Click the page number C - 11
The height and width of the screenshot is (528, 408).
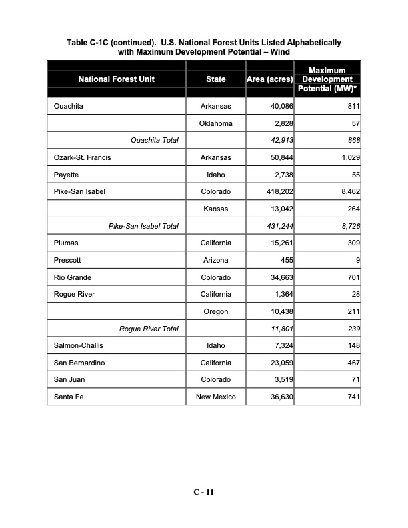point(203,492)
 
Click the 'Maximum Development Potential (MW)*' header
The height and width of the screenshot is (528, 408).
point(327,79)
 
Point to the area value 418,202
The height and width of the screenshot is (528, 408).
point(279,192)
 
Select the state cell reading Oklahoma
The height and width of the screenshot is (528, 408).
point(215,123)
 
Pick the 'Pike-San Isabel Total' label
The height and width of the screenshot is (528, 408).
point(143,226)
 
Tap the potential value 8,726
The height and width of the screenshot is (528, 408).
point(347,226)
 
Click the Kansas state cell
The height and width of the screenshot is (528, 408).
point(215,209)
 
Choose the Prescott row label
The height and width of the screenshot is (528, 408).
point(67,260)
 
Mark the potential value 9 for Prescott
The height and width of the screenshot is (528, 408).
point(357,260)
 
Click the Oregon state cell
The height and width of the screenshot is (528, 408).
point(215,311)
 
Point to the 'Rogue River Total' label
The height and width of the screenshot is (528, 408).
point(148,329)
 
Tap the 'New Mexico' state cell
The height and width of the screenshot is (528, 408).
point(215,397)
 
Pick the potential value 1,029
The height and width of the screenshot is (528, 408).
point(347,157)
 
